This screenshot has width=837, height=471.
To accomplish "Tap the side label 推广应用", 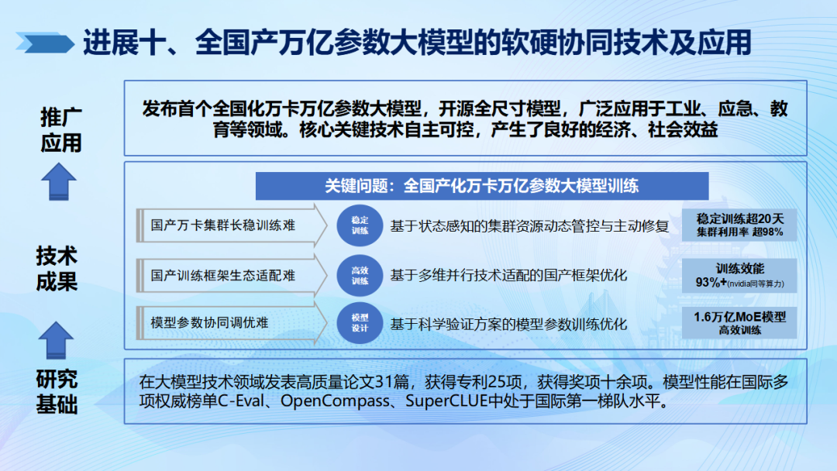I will point(60,129).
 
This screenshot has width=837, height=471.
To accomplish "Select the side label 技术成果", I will point(57,268).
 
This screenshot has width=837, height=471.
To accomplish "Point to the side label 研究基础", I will point(57,391).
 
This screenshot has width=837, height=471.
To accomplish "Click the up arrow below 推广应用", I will point(58,182).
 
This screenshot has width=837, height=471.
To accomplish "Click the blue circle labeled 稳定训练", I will point(360,225).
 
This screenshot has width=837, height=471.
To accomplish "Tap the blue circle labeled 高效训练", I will point(360,275).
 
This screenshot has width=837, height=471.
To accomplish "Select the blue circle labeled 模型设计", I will point(360,323).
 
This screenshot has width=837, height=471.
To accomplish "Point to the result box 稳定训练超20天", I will point(739,225).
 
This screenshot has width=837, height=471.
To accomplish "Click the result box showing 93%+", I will point(739,276).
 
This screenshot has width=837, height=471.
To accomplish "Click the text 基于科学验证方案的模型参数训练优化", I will point(508,323).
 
